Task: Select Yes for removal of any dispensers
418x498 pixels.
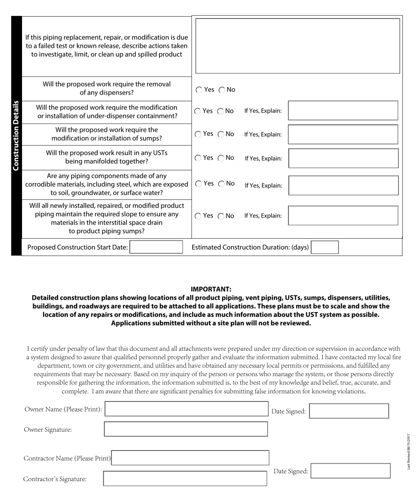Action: pos(199,90)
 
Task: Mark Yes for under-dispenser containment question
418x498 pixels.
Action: pos(198,111)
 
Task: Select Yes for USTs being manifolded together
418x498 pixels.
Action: pos(198,158)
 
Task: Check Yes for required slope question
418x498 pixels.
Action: pos(198,216)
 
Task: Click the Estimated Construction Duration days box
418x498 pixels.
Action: pos(325,247)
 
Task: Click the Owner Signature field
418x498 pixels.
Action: pos(186,429)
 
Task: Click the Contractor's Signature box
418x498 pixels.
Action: pos(185,479)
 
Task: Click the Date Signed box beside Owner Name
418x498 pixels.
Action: pos(349,411)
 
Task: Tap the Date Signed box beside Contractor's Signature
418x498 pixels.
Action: pos(350,471)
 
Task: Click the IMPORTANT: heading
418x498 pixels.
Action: pos(211,289)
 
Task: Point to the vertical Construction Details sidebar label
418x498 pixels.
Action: pos(16,135)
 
